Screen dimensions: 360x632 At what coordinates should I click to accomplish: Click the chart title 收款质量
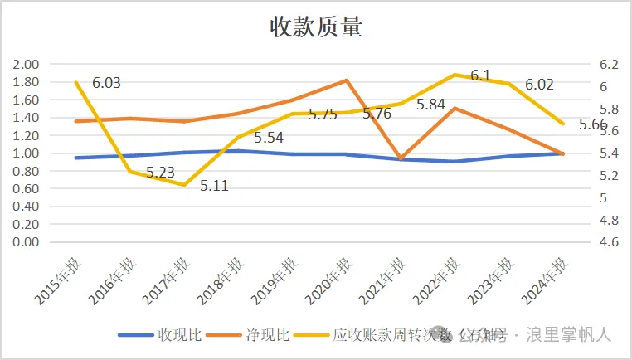coord(316,27)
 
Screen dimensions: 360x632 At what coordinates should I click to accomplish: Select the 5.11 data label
coord(214,186)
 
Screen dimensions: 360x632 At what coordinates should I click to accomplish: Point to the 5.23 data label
coord(160,173)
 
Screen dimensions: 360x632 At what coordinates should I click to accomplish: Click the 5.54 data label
coord(269,138)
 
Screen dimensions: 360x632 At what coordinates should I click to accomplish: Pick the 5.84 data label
coord(431,105)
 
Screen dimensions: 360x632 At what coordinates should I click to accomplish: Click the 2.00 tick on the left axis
coord(27,65)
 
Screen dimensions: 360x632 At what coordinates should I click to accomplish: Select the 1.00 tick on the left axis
coord(27,153)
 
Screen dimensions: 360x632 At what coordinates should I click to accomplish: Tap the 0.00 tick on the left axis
coord(27,242)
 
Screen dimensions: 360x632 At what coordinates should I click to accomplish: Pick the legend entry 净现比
coord(265,335)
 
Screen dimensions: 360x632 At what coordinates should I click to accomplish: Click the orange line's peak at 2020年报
coord(346,80)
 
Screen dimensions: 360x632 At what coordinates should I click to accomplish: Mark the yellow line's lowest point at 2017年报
coord(185,185)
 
